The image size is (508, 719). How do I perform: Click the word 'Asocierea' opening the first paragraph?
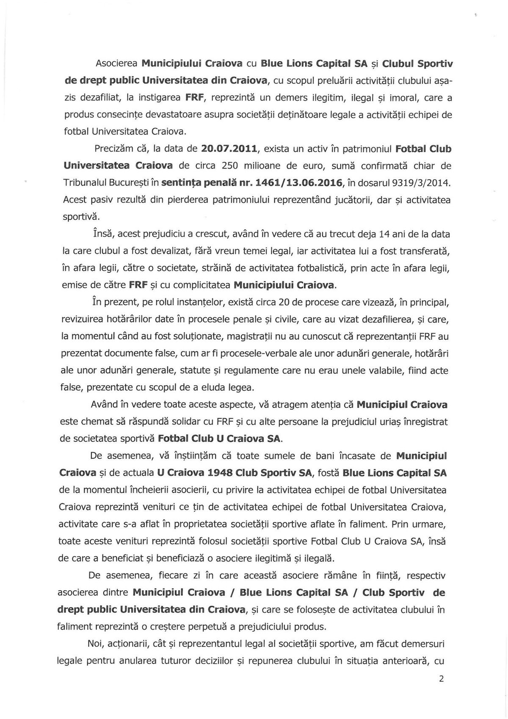point(116,64)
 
